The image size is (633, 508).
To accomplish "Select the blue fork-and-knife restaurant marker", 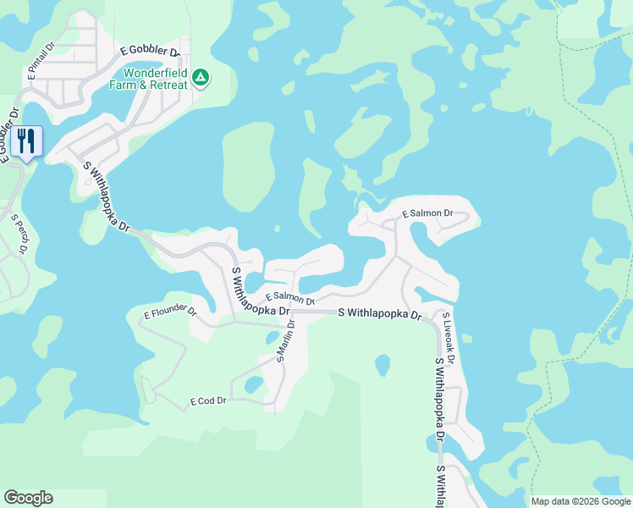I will tap(27, 141).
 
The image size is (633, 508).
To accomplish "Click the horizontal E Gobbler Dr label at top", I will tap(152, 52).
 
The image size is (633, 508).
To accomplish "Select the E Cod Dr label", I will tap(208, 400).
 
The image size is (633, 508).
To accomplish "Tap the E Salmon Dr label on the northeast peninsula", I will tap(427, 214).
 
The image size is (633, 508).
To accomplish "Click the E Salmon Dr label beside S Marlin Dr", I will tap(289, 298).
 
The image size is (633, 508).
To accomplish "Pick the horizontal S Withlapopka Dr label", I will tap(379, 313).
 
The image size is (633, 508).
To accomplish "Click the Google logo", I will tap(28, 498).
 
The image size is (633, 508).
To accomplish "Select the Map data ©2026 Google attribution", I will tap(581, 501).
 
